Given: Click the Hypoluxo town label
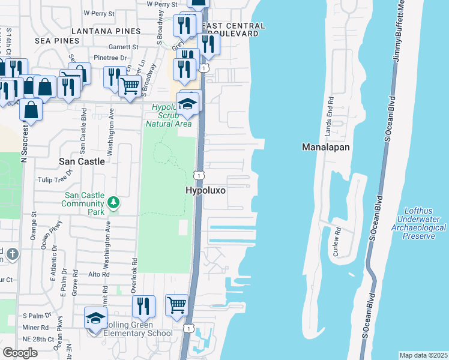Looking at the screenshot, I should [x=205, y=190].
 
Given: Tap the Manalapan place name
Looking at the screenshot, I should [x=326, y=146].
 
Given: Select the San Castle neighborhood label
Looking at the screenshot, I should [x=82, y=161].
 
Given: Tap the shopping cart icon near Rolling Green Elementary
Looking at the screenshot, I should [x=176, y=305].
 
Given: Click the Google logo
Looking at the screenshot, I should [x=20, y=353].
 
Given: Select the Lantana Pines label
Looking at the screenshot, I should [x=106, y=31].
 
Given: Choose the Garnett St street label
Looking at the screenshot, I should [x=123, y=46].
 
